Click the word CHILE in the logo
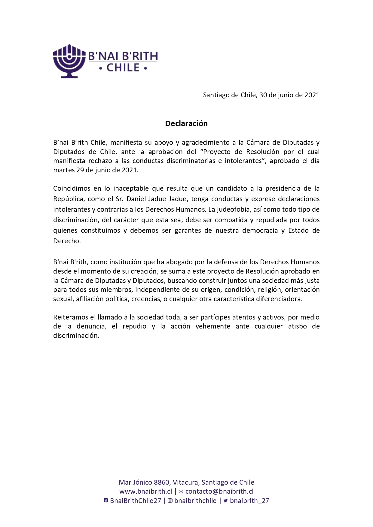tap(123, 68)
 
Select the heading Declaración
tap(186, 123)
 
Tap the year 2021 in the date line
tap(312, 95)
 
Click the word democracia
tap(260, 231)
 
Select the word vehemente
tap(213, 326)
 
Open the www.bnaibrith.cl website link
tap(146, 492)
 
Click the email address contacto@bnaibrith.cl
tap(219, 492)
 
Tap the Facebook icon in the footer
tap(106, 501)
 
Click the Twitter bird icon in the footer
tap(225, 501)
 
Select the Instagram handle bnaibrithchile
tap(195, 501)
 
